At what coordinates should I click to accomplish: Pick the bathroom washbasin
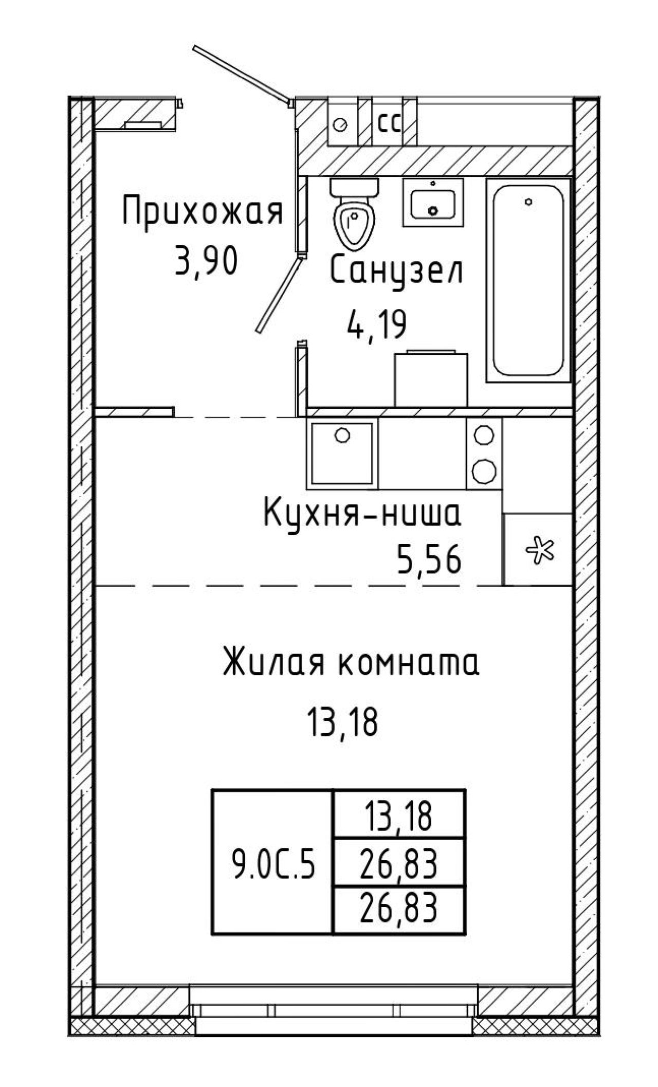click(x=433, y=202)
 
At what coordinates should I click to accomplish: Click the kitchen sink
click(x=342, y=452)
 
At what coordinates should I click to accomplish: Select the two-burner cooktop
click(x=484, y=452)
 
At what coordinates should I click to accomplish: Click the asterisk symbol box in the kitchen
click(x=538, y=549)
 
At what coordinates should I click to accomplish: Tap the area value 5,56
click(x=429, y=560)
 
